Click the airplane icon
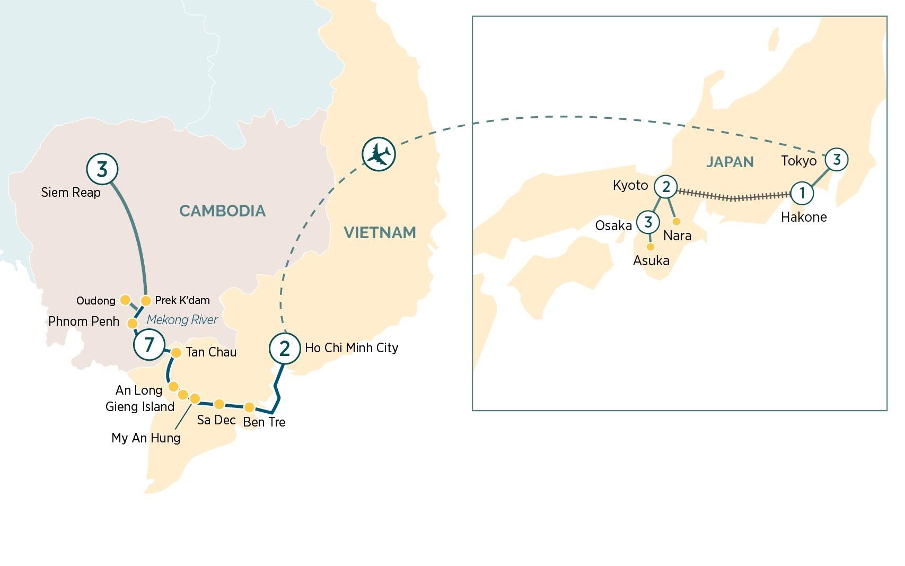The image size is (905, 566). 379,154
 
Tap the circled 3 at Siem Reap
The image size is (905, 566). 102,169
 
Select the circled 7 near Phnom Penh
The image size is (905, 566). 149,345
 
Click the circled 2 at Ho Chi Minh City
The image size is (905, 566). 285,349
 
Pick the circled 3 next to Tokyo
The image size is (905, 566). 837,159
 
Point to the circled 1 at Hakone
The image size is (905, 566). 802,193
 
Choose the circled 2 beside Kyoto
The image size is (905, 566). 666,186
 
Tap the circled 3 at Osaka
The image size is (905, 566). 648,222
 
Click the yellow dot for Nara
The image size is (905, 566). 676,221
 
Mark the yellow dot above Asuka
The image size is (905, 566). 651,247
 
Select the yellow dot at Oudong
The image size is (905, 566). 125,300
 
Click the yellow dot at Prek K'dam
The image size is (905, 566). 146,301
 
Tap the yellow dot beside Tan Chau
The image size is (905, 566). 176,352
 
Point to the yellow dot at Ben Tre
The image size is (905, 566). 249,407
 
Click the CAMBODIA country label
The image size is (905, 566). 222,211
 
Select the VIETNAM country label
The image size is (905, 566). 380,232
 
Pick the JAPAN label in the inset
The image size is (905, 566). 730,162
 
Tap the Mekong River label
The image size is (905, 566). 182,319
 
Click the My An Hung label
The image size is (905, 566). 146,438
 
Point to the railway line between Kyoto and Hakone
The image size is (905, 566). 734,197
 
